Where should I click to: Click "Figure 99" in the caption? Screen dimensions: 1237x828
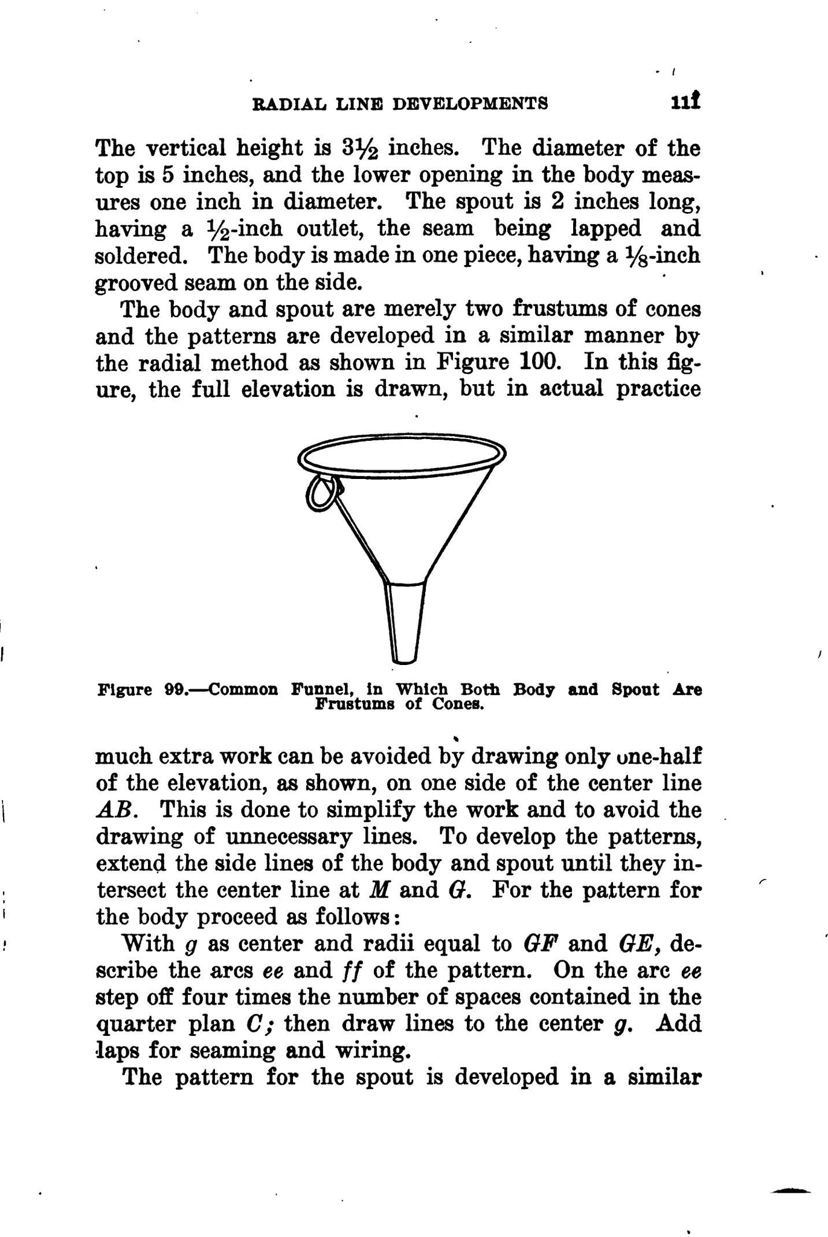click(x=140, y=690)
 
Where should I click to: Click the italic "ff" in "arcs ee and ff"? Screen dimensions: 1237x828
click(x=350, y=970)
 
